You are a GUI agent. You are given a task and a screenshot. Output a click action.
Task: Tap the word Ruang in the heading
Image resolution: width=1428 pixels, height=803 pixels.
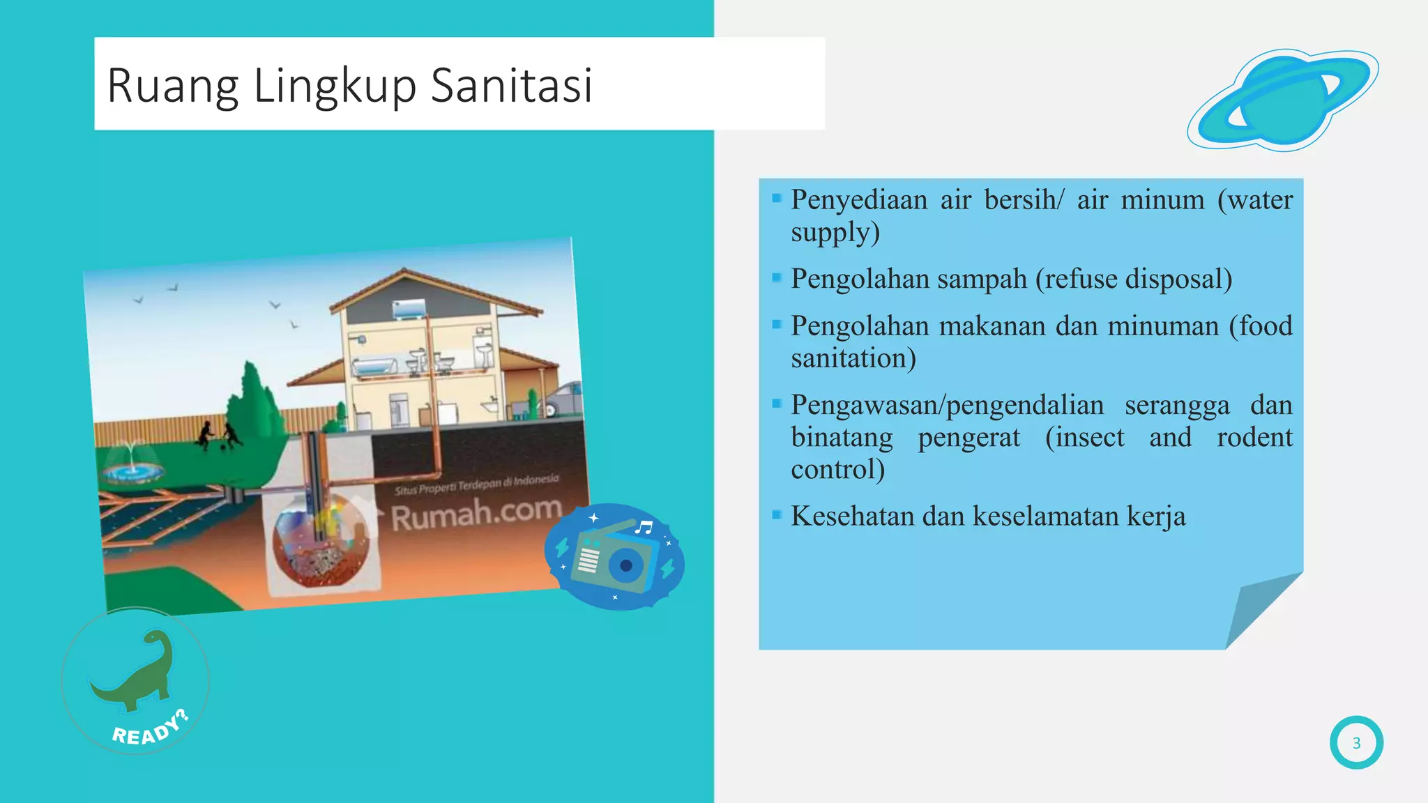click(173, 86)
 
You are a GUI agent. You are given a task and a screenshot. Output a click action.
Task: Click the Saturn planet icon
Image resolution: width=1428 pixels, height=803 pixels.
click(1283, 99)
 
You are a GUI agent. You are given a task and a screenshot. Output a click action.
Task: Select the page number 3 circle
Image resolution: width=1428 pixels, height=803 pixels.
click(1356, 743)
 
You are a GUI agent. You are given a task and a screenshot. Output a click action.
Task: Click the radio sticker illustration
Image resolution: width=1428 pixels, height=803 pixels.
click(614, 557)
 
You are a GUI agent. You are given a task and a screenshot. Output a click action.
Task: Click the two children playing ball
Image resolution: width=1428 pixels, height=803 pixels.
click(218, 436)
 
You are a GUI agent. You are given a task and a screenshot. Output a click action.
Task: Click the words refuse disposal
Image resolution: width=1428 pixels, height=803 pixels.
click(1134, 279)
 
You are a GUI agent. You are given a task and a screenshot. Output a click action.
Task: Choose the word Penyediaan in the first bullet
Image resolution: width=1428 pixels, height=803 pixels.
click(858, 200)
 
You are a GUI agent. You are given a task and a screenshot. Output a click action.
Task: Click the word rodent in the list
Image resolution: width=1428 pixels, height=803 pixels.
click(1254, 438)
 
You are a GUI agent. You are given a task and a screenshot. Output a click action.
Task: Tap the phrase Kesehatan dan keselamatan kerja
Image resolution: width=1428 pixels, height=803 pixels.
click(987, 517)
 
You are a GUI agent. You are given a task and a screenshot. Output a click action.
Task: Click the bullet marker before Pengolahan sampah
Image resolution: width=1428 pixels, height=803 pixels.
click(777, 277)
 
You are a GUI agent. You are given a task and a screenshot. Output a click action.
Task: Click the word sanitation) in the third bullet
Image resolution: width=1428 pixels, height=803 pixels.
click(853, 359)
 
